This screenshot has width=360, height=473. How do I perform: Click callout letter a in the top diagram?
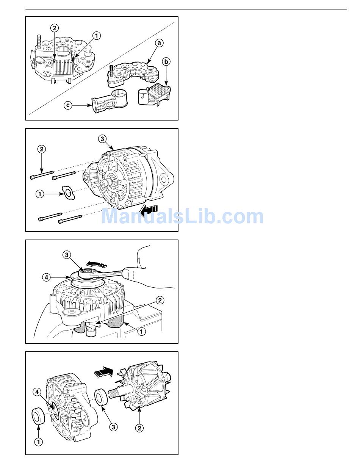pos(159,43)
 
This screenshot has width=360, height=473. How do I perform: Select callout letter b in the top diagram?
pos(166,62)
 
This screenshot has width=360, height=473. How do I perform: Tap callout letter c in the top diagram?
pos(68,105)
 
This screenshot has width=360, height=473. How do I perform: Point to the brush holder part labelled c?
pos(110,101)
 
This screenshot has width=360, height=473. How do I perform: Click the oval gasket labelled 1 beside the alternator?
pos(68,193)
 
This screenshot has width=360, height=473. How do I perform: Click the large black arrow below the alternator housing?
pos(149,210)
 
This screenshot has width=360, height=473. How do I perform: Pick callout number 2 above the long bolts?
pos(42,149)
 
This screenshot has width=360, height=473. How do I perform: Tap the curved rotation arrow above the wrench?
pos(97,264)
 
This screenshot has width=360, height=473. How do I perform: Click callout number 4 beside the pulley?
pos(46,277)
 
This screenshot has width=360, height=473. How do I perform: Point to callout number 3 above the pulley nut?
pos(67,255)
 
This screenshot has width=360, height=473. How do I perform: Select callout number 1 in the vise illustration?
pos(142,331)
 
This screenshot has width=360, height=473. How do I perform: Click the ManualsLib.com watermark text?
pos(183,216)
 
